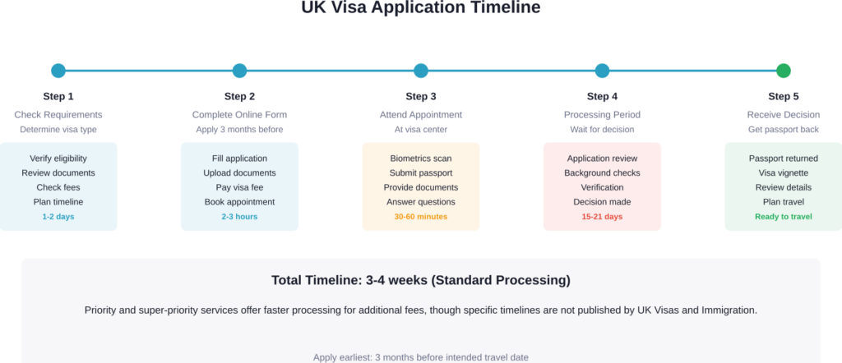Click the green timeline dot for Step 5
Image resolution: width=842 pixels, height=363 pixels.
pos(783,71)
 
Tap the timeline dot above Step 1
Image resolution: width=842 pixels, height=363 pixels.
pos(58,71)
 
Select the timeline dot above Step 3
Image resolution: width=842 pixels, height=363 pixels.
pos(421,71)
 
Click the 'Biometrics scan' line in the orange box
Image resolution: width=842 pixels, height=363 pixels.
pos(421,159)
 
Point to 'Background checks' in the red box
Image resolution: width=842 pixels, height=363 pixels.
pos(602,173)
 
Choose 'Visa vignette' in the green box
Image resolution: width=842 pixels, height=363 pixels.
pos(783,173)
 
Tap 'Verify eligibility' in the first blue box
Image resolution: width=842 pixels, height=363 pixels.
pos(58,159)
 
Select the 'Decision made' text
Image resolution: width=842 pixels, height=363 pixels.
pos(602,202)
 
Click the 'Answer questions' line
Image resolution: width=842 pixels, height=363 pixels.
pos(421,202)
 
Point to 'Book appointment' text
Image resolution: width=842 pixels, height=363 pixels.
pos(239,202)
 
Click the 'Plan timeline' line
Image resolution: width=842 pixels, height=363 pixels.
pos(58,202)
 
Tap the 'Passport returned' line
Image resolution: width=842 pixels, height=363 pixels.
pos(783,159)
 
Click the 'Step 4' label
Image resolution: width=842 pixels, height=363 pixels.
pos(602,96)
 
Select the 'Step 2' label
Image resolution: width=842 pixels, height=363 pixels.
pos(239,96)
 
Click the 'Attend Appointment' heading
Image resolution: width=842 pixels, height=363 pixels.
pos(421,114)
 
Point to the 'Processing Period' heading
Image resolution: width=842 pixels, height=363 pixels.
pos(602,114)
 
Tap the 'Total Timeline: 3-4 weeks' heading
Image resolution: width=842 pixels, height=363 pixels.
pos(421,281)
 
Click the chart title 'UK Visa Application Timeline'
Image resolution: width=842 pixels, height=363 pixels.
pos(421,8)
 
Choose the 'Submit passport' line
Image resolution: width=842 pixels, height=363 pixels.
pos(421,173)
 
